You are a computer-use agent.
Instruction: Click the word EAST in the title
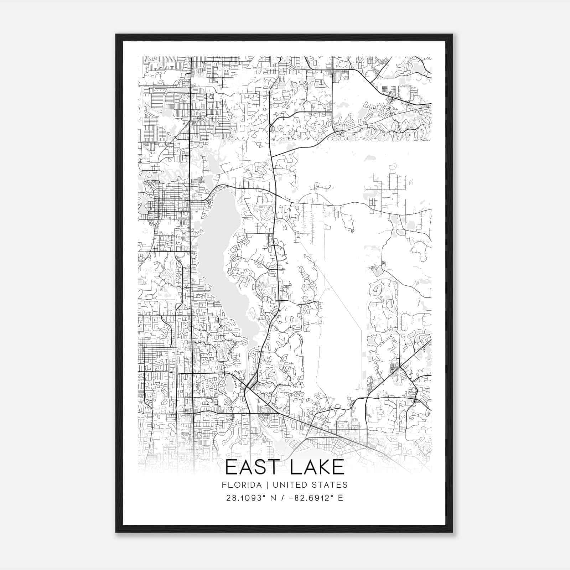pyautogui.click(x=253, y=467)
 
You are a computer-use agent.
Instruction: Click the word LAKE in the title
pyautogui.click(x=317, y=467)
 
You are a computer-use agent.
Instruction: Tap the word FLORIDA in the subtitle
pyautogui.click(x=238, y=485)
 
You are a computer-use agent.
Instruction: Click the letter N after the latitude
pyautogui.click(x=274, y=498)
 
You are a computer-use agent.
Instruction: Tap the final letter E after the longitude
pyautogui.click(x=341, y=498)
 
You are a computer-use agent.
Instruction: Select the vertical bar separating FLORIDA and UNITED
pyautogui.click(x=261, y=485)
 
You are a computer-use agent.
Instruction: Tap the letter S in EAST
pyautogui.click(x=260, y=467)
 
